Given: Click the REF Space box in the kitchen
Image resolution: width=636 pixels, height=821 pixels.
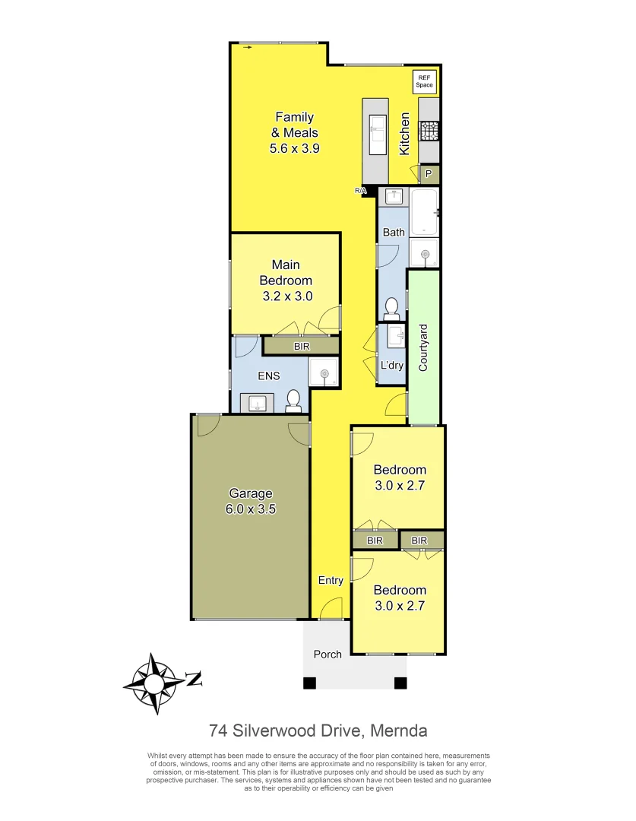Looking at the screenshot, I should coord(424,81).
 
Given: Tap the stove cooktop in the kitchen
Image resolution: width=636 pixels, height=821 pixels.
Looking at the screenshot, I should coord(429,132).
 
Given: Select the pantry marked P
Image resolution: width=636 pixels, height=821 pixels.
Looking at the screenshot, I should coord(429,175).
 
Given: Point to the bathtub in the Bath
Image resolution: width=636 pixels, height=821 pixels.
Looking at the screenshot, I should coord(424,212).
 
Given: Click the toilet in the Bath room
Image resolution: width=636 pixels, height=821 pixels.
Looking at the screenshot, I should coord(391,307).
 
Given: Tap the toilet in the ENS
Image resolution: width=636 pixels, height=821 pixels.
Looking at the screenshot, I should coord(293,401).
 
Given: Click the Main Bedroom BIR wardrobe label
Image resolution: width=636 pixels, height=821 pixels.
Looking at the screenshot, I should coord(301,346).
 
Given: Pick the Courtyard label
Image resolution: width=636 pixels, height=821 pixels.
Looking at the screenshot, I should coord(423,347).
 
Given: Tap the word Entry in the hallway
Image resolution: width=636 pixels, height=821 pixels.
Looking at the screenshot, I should coord(331,580).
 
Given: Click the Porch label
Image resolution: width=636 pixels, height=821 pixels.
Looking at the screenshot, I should coord(327,654).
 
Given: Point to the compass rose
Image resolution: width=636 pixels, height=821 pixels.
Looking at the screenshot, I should coord(156,682).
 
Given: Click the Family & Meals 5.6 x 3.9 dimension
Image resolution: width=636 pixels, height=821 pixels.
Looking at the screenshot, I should coord(294,149).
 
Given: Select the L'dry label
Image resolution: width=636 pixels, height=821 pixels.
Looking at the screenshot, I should coord(391,366).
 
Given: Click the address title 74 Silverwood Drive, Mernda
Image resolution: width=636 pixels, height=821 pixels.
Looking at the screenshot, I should coord(318,731).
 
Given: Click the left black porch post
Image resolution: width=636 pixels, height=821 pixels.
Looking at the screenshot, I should coord(309,683).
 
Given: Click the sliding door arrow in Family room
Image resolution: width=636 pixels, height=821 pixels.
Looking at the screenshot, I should coord(248,47).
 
